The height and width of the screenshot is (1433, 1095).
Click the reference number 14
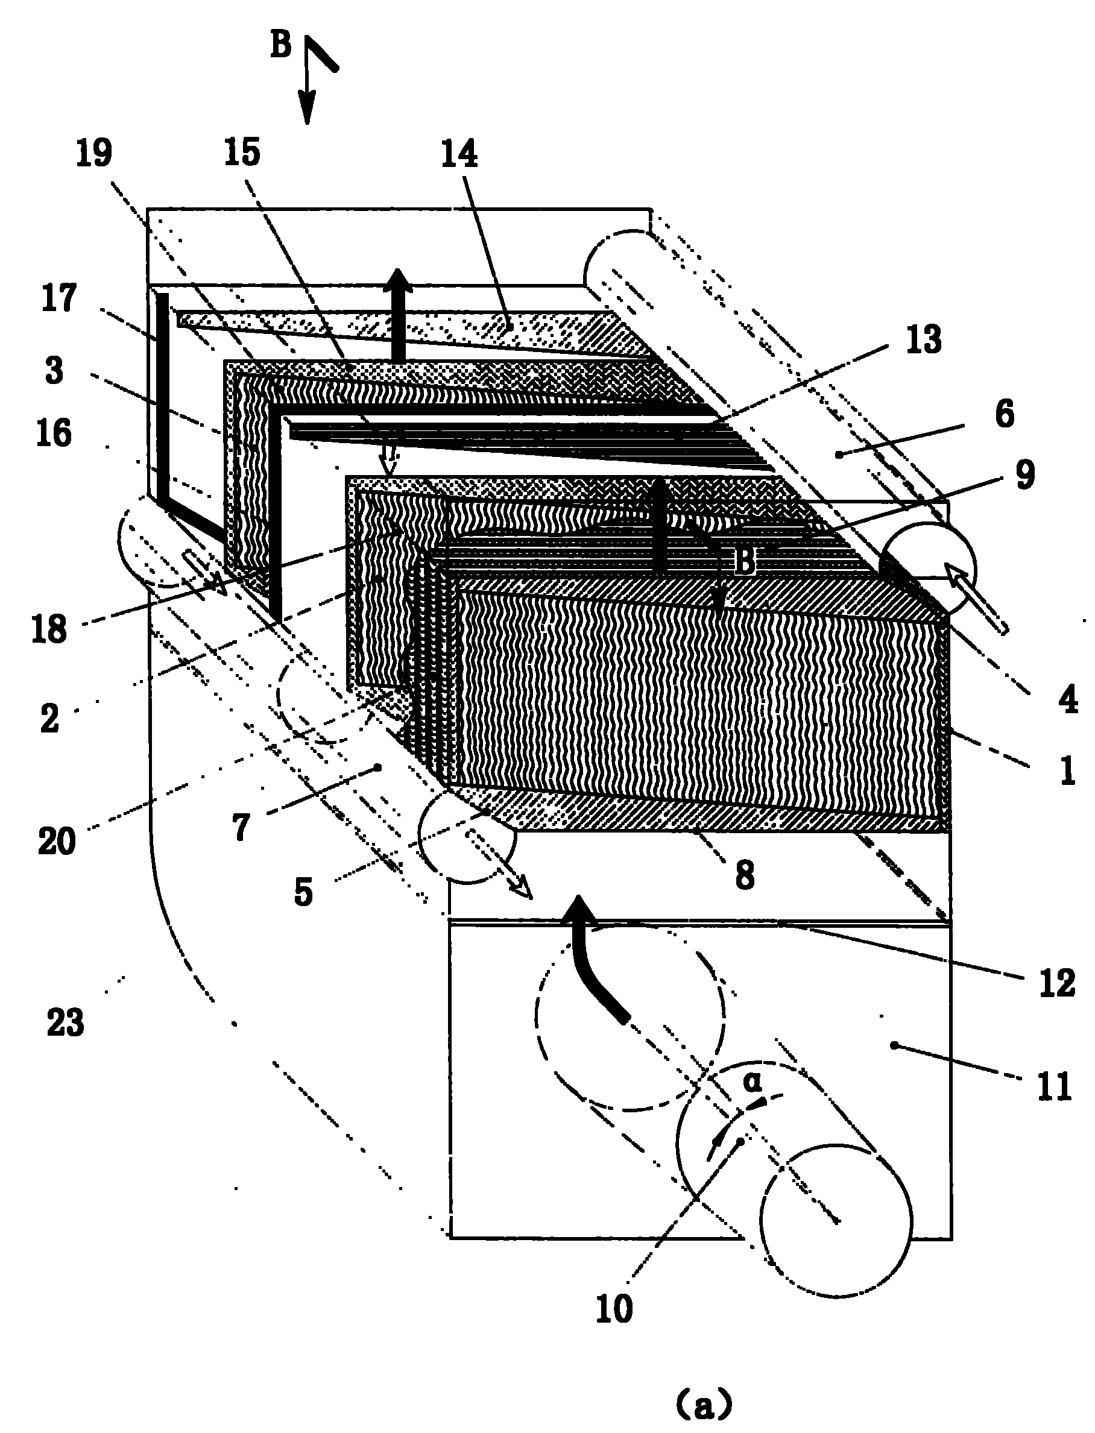pos(459,154)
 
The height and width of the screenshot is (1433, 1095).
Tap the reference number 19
pos(95,153)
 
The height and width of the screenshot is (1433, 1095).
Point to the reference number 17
pos(59,298)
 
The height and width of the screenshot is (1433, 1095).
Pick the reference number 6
pos(1005,414)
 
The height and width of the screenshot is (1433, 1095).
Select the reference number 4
pos(1068,699)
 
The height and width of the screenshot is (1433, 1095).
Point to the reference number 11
pos(1055,1086)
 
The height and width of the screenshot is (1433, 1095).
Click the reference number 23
pos(65,1022)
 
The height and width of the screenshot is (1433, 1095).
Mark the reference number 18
pos(49,629)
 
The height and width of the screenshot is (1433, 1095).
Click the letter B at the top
pos(281,46)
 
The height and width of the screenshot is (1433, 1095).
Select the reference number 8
pos(745,875)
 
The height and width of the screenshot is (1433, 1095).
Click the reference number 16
pos(54,433)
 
